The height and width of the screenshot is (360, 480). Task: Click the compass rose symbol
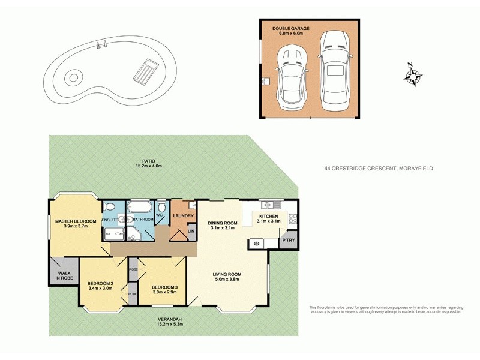(412, 75)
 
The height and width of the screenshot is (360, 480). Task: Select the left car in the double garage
(291, 74)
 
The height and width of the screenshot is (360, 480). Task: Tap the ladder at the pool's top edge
(101, 44)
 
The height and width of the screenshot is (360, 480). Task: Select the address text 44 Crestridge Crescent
(378, 169)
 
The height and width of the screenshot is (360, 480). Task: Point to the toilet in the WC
(162, 206)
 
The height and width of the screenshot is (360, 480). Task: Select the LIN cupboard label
(191, 231)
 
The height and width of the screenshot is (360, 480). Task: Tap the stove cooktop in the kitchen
(293, 220)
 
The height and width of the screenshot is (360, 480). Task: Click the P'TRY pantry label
(289, 241)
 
